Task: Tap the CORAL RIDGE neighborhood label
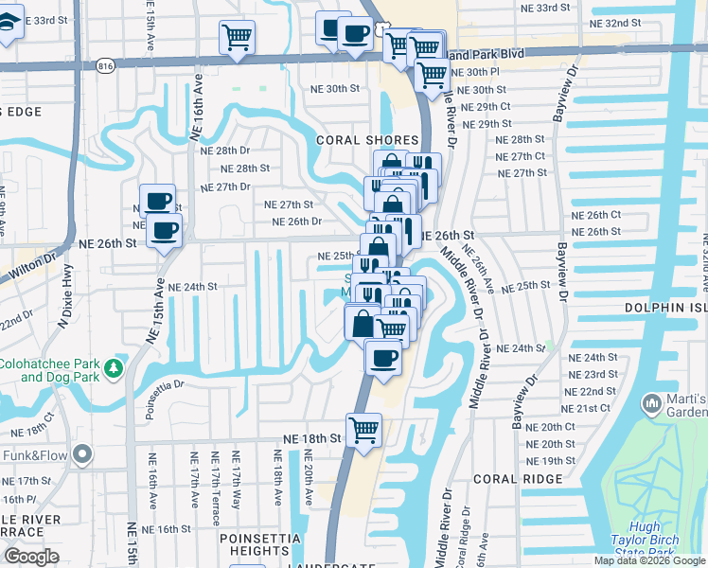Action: pyautogui.click(x=517, y=479)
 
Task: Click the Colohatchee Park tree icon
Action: pyautogui.click(x=114, y=366)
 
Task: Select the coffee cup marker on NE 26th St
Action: pyautogui.click(x=164, y=230)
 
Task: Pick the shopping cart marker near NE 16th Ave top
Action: pyautogui.click(x=237, y=38)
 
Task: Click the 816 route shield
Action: pyautogui.click(x=105, y=65)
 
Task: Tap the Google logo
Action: pyautogui.click(x=31, y=557)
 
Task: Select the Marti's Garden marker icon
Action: pyautogui.click(x=652, y=404)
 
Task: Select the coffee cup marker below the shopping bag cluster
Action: pyautogui.click(x=383, y=358)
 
